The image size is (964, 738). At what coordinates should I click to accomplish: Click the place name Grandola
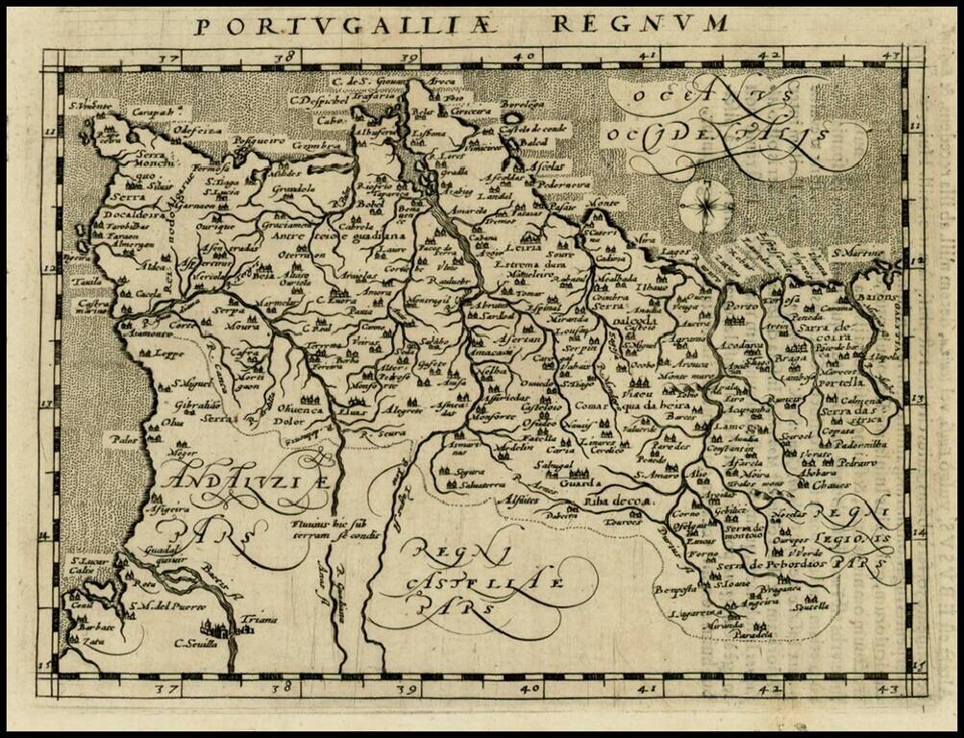point(294,188)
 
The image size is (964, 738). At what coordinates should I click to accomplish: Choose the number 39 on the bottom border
point(408,688)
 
